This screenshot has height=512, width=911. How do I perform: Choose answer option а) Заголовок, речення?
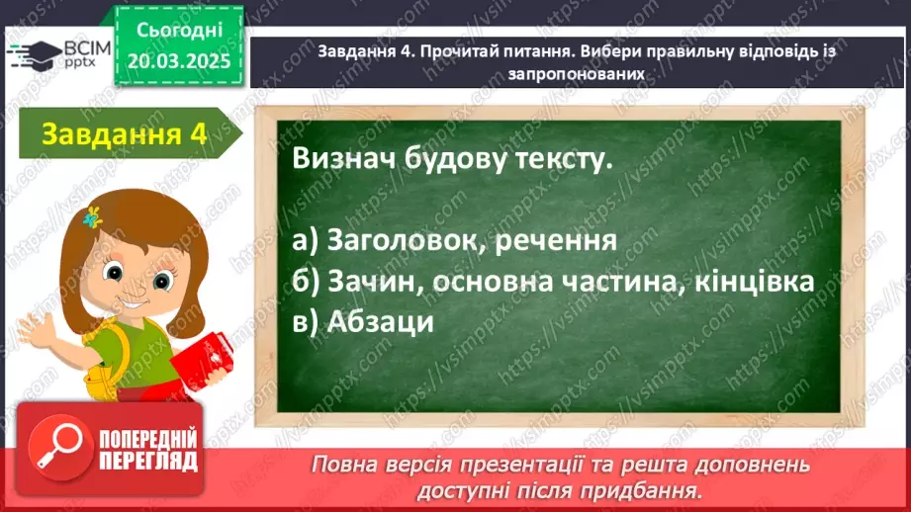tap(454, 240)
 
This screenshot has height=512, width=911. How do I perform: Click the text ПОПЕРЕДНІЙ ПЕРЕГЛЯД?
tap(149, 449)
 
